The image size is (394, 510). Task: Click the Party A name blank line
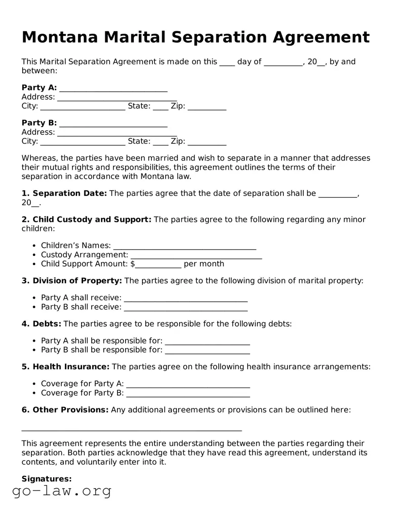(x=113, y=88)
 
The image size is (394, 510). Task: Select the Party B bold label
(x=39, y=123)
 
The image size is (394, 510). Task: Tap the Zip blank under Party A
(x=207, y=107)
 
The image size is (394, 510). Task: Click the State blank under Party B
(x=161, y=142)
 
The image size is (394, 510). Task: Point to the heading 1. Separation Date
(x=64, y=193)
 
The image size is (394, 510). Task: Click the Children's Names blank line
(x=185, y=246)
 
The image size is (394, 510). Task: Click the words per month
(x=204, y=264)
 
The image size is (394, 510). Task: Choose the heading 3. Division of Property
(x=72, y=281)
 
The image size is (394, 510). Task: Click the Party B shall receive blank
(x=185, y=308)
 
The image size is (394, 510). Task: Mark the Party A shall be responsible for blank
(x=207, y=342)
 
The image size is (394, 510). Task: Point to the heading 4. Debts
(x=41, y=324)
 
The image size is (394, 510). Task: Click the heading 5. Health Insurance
(x=65, y=367)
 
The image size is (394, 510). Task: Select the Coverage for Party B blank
(x=188, y=394)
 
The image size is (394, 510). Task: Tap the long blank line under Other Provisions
(x=131, y=428)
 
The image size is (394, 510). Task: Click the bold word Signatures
(x=47, y=479)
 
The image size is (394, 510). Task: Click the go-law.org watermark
(x=62, y=491)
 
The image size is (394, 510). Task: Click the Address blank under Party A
(x=117, y=98)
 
